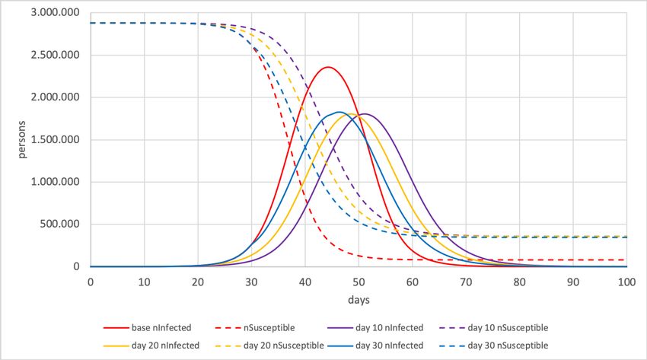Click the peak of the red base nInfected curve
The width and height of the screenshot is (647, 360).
pos(327,67)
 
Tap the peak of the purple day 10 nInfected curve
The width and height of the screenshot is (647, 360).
pos(365,114)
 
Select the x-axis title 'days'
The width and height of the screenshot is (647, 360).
pos(359,301)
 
